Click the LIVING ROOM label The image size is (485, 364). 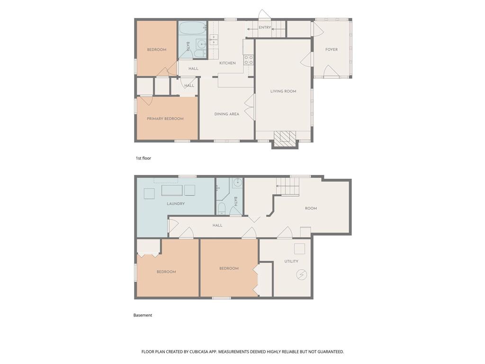pos(283,91)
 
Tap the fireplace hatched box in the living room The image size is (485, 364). pos(285,137)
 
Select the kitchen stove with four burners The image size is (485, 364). pos(249,60)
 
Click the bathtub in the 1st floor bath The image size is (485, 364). pos(192,30)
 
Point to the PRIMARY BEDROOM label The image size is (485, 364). pos(165,118)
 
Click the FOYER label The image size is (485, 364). pos(332,49)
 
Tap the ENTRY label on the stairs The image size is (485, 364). pos(265,27)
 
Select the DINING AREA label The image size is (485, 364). pos(227,114)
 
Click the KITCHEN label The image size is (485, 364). pos(228,63)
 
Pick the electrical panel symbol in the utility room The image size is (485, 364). pos(301,274)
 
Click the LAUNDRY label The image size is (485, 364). pos(176,204)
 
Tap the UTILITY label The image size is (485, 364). pos(291,261)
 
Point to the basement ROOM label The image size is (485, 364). pos(311,209)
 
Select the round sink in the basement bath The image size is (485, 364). pos(238,182)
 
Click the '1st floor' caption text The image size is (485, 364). pos(144,158)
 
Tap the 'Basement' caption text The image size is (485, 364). pos(143,315)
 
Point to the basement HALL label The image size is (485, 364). pos(217,225)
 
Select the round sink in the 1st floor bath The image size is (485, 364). pos(201,45)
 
